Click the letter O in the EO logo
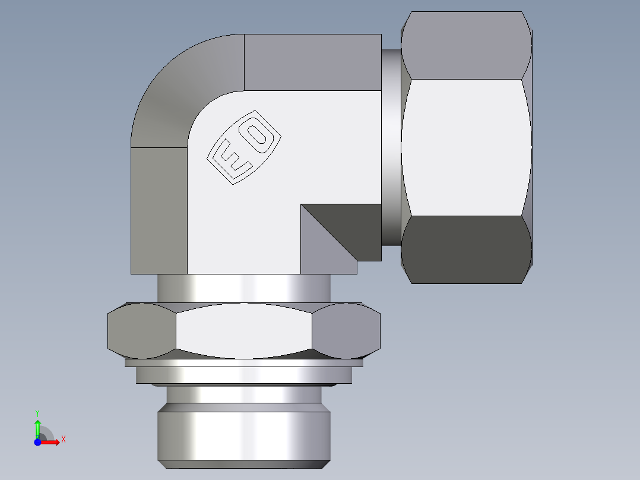point(257,134)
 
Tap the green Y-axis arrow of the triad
point(37,427)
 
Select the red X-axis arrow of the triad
point(51,441)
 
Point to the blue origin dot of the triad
point(37,441)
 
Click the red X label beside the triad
point(63,440)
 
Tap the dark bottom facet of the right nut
point(466,250)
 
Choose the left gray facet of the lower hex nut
point(141,331)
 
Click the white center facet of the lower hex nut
point(243,330)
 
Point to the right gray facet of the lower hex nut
point(346,330)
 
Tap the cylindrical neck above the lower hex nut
point(243,288)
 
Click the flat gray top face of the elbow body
point(312,62)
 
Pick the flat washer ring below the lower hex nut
point(243,375)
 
